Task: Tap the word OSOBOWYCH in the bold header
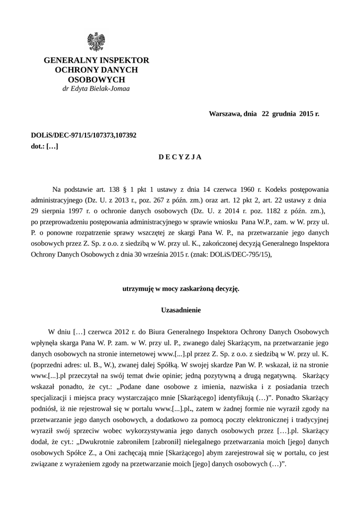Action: point(96,80)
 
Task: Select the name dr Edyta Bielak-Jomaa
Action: point(96,89)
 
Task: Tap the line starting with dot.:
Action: point(45,146)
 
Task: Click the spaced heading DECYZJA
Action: point(180,157)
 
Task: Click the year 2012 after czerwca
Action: point(129,331)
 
